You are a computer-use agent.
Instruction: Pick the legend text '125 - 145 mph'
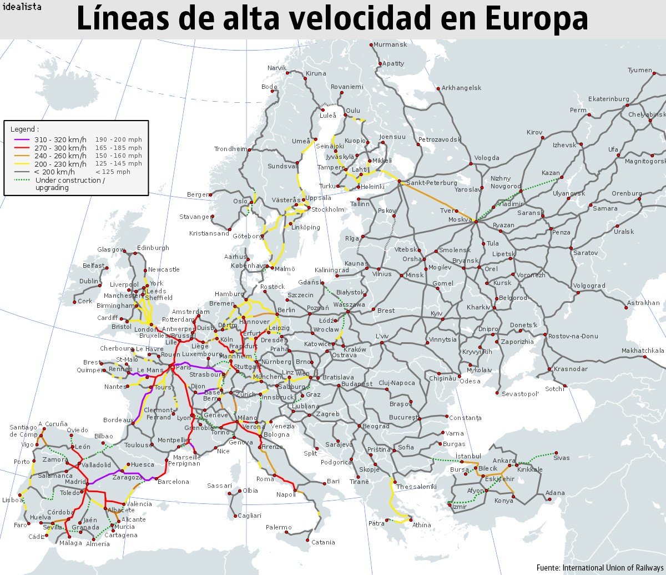pos(118,164)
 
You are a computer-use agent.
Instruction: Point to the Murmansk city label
pos(390,44)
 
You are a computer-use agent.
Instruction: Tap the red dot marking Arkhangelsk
pos(437,88)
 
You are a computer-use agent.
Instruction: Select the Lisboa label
pos(12,500)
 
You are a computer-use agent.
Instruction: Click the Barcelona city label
pos(173,482)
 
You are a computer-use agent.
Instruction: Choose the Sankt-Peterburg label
pos(432,183)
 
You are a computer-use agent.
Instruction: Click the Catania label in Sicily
pos(323,542)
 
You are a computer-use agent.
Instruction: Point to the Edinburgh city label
pos(153,248)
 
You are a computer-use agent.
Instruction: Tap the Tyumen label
pos(640,70)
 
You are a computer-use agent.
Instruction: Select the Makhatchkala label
pos(643,351)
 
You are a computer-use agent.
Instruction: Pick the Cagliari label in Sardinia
pos(249,516)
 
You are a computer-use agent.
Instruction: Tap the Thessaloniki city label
pos(416,487)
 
